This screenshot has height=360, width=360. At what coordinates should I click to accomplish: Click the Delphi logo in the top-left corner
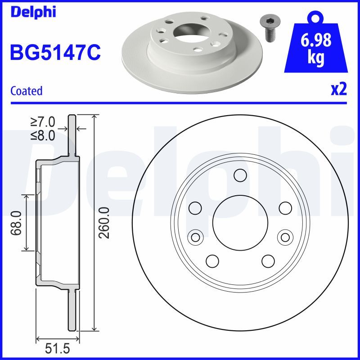pyautogui.click(x=33, y=12)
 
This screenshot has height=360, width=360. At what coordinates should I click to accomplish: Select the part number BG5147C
pyautogui.click(x=55, y=52)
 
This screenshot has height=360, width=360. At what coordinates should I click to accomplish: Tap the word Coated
pyautogui.click(x=26, y=91)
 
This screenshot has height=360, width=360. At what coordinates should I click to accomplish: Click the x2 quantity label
pyautogui.click(x=339, y=90)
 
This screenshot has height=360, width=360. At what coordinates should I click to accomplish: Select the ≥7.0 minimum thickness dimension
pyautogui.click(x=43, y=121)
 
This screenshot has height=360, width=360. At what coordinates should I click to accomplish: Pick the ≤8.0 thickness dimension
pyautogui.click(x=43, y=135)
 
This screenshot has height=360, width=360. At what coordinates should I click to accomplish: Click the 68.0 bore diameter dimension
pyautogui.click(x=17, y=223)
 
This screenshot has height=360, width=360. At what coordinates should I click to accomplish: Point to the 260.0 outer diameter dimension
pyautogui.click(x=104, y=223)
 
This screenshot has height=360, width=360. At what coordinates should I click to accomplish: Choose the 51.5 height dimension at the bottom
pyautogui.click(x=58, y=349)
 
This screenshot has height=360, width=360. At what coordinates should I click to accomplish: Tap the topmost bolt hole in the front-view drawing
pyautogui.click(x=240, y=175)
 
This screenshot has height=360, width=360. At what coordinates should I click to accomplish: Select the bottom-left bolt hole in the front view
pyautogui.click(x=212, y=261)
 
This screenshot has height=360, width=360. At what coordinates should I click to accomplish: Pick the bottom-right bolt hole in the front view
pyautogui.click(x=268, y=261)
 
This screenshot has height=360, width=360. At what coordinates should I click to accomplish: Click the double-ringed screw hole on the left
pyautogui.click(x=195, y=237)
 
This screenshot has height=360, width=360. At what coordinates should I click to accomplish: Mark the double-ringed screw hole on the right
pyautogui.click(x=284, y=237)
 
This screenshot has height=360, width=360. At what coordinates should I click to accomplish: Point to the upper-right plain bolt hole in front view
pyautogui.click(x=285, y=208)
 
